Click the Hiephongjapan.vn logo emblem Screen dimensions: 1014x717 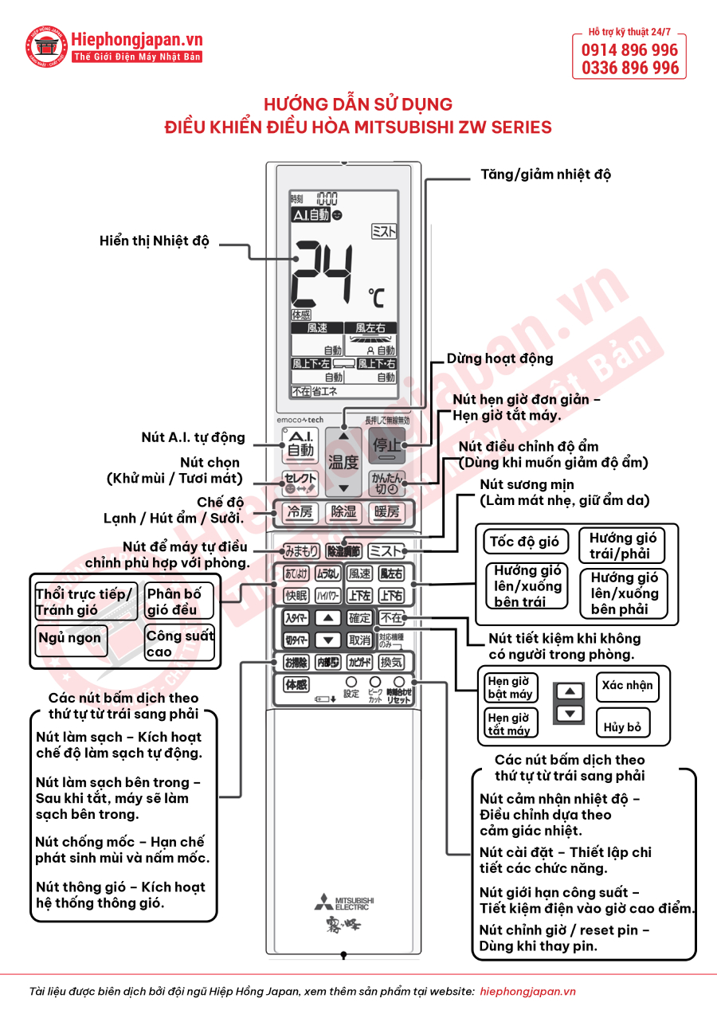(46, 46)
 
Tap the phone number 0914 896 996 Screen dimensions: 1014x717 (629, 50)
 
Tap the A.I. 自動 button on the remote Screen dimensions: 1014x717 (300, 444)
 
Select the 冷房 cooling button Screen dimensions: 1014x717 (300, 512)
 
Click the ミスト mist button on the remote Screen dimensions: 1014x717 (386, 550)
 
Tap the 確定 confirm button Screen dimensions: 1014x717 (359, 617)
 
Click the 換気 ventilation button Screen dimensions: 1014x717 (390, 662)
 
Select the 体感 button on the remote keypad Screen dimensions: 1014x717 (296, 684)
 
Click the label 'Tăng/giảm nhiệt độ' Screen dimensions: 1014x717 (546, 174)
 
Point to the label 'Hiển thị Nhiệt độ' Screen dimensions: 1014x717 (154, 241)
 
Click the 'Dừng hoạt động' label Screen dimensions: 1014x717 (500, 358)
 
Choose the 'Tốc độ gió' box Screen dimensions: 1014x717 (524, 542)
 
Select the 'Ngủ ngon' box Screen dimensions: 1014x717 (69, 637)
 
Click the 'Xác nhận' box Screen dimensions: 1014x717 (627, 686)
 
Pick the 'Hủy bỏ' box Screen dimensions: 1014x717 (622, 726)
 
